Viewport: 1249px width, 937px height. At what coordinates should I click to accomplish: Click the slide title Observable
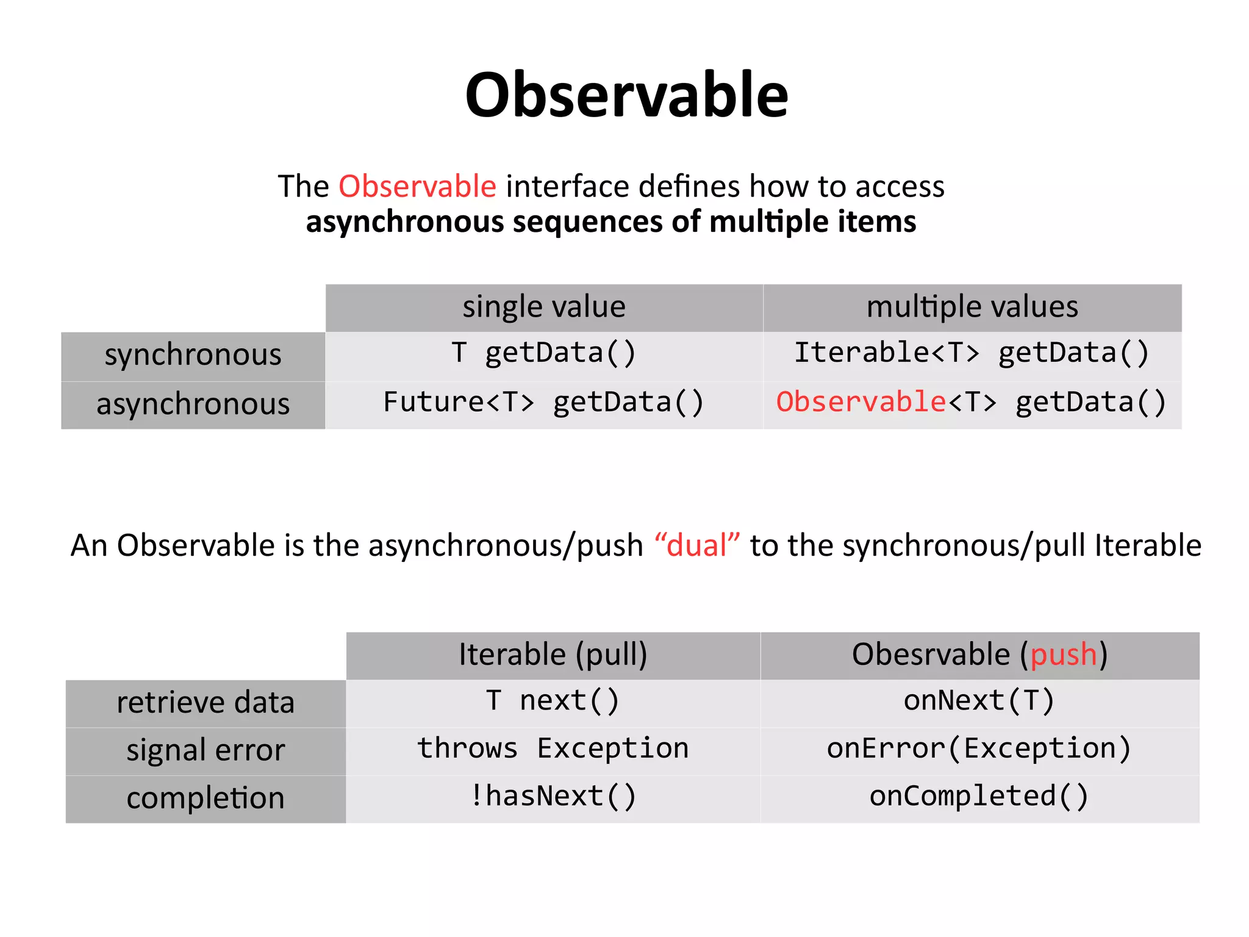pyautogui.click(x=626, y=96)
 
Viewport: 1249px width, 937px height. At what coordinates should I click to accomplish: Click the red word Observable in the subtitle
pyautogui.click(x=417, y=186)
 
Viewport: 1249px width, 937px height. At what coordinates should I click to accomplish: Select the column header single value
pyautogui.click(x=544, y=307)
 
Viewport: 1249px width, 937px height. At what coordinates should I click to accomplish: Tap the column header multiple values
pyautogui.click(x=972, y=307)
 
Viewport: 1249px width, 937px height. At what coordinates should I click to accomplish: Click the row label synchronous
pyautogui.click(x=193, y=355)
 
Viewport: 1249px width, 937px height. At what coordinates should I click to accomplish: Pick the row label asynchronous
pyautogui.click(x=193, y=404)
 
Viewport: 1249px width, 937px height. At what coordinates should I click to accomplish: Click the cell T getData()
pyautogui.click(x=544, y=354)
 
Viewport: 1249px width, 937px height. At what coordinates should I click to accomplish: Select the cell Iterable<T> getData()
pyautogui.click(x=972, y=354)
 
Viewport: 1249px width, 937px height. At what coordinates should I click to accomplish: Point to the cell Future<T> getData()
pyautogui.click(x=544, y=403)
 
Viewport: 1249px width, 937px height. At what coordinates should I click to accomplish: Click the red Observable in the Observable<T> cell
pyautogui.click(x=861, y=403)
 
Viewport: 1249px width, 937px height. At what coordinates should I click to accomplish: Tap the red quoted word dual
pyautogui.click(x=697, y=545)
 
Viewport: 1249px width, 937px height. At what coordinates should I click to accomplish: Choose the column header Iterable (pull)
pyautogui.click(x=553, y=655)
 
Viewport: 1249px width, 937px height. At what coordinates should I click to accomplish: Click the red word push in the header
pyautogui.click(x=1064, y=655)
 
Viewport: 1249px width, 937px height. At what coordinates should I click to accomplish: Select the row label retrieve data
pyautogui.click(x=206, y=703)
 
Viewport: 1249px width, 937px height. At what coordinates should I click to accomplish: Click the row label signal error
pyautogui.click(x=206, y=751)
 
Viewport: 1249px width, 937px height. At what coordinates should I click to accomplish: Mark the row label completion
pyautogui.click(x=206, y=799)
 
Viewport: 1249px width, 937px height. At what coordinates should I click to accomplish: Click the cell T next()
pyautogui.click(x=553, y=701)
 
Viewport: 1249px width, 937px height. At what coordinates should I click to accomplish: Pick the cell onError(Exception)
pyautogui.click(x=979, y=749)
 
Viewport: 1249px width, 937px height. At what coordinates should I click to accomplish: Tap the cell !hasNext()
pyautogui.click(x=553, y=797)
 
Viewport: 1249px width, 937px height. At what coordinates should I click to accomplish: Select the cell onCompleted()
pyautogui.click(x=979, y=797)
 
